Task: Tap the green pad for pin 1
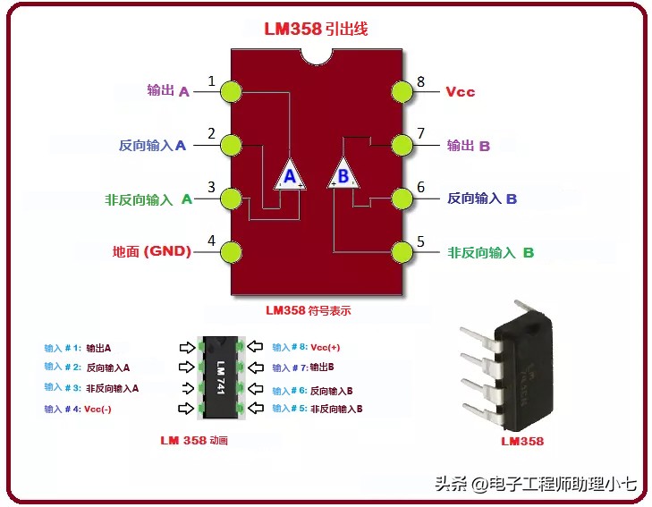(232, 91)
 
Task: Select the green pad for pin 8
(404, 91)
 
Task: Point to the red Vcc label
(460, 91)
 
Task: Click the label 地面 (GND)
(152, 251)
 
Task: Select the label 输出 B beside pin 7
(469, 145)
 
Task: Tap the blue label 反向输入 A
(152, 145)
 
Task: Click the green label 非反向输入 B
(490, 252)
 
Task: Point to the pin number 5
(420, 241)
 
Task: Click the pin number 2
(212, 134)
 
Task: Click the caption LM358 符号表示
(309, 310)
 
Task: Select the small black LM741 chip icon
(219, 376)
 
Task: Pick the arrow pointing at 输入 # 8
(256, 347)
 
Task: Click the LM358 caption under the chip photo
(521, 441)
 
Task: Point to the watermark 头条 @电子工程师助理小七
(536, 485)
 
